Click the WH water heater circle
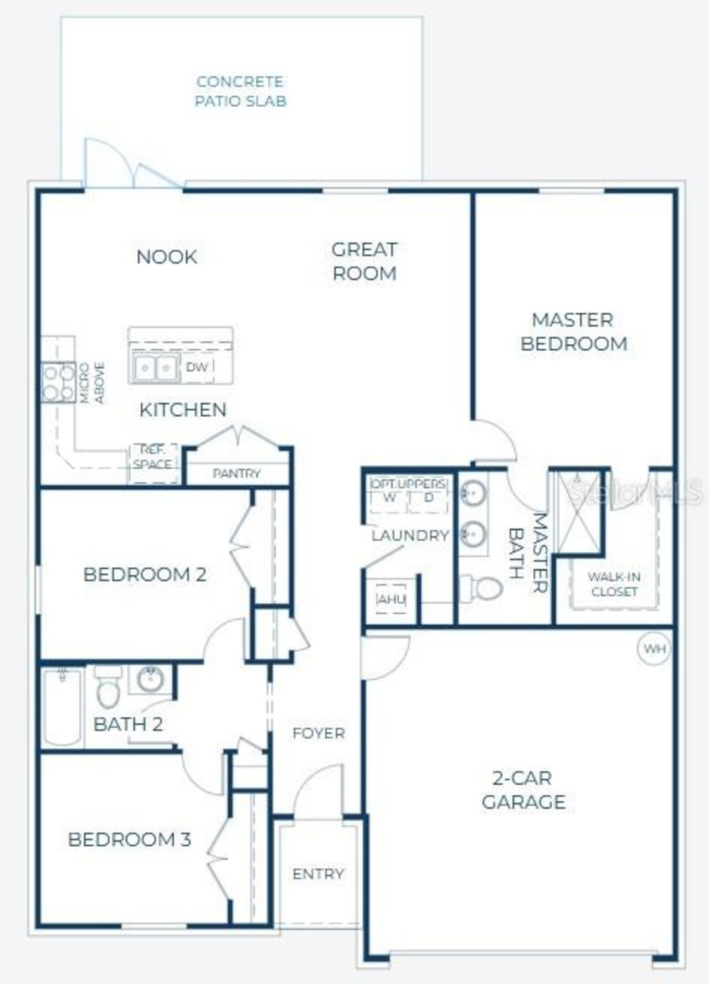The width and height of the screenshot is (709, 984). click(654, 648)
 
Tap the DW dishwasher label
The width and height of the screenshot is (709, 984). click(197, 367)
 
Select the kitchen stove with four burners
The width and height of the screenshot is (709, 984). click(58, 382)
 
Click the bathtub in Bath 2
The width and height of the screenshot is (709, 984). click(62, 707)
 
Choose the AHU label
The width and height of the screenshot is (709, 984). click(392, 599)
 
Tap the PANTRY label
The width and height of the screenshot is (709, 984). click(237, 474)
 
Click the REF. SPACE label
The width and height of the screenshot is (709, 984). click(152, 457)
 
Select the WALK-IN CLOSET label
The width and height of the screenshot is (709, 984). click(614, 584)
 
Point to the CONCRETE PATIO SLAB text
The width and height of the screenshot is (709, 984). click(240, 91)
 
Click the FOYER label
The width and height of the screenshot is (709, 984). click(318, 733)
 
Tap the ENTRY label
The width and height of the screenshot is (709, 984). click(318, 874)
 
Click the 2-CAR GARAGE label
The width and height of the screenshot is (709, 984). click(523, 790)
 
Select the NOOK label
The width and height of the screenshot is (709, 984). click(167, 257)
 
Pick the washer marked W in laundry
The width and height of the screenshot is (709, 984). click(389, 496)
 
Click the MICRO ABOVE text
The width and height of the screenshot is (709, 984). click(92, 383)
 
